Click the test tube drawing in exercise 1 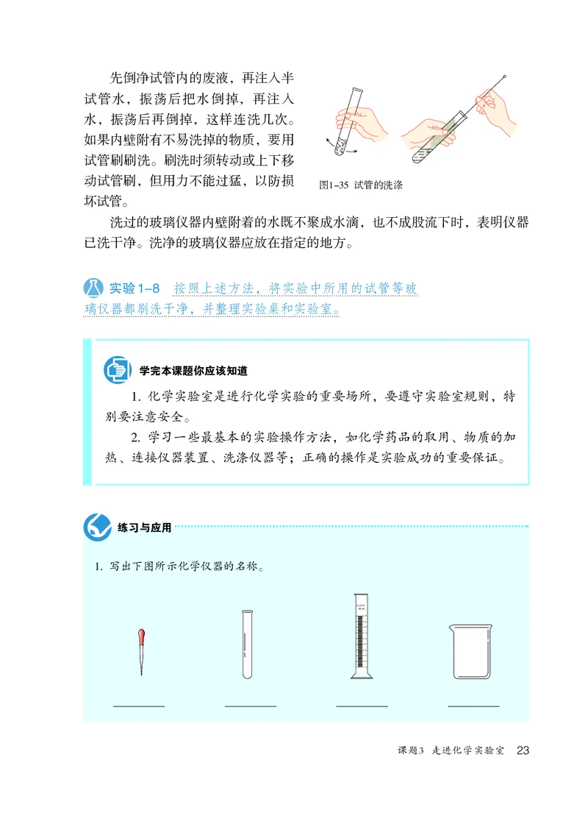[248, 644]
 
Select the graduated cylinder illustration [359, 636]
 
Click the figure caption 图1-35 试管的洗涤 [361, 186]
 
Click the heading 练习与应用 [144, 528]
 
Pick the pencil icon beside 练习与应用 [98, 526]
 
